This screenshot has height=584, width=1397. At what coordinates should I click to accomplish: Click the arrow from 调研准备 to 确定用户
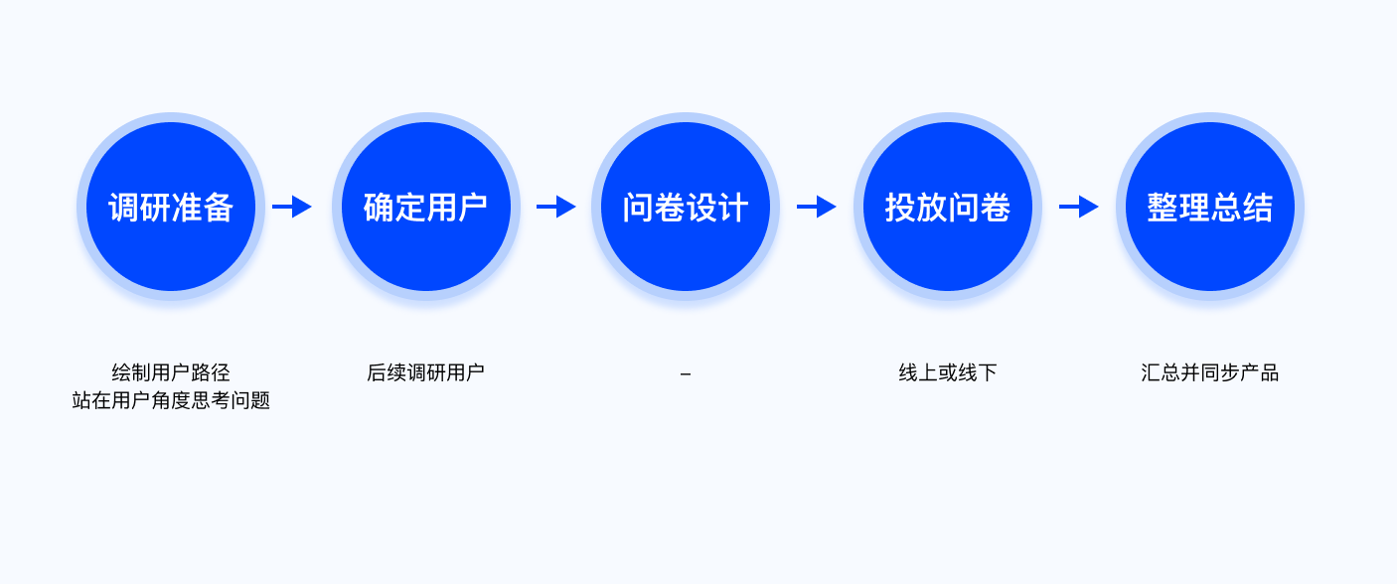click(292, 207)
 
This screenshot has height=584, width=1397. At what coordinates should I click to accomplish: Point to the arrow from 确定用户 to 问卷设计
click(556, 207)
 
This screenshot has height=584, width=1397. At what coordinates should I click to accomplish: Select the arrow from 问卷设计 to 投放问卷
click(817, 207)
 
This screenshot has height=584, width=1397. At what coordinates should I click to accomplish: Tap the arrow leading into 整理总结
click(1079, 207)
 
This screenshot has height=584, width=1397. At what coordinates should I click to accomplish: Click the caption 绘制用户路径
click(171, 372)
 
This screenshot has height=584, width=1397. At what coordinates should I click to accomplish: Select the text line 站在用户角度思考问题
click(171, 400)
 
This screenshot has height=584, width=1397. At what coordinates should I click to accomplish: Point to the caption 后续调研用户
click(426, 372)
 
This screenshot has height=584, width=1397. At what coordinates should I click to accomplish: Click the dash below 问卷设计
click(686, 374)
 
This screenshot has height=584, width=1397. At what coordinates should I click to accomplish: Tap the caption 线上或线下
click(948, 372)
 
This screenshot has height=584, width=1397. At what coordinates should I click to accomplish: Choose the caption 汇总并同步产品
click(1210, 372)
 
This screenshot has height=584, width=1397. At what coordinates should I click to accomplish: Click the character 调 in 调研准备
click(124, 208)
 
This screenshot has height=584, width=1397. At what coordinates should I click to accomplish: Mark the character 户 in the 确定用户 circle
click(473, 208)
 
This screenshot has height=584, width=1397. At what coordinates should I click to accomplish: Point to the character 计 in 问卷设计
click(733, 208)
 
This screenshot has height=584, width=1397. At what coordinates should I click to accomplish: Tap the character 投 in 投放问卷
click(900, 208)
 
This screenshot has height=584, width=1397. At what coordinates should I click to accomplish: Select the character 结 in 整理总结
click(1258, 208)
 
